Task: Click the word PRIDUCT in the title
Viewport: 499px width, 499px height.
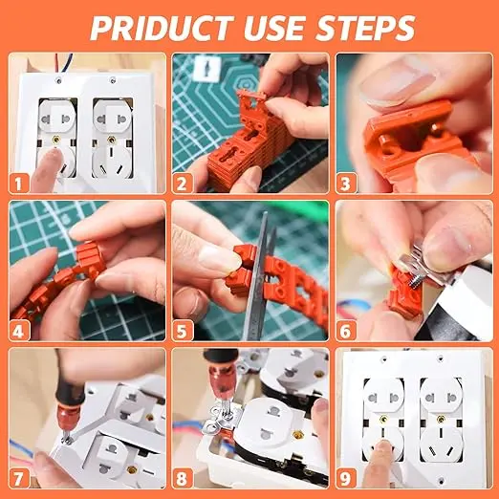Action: click(162, 28)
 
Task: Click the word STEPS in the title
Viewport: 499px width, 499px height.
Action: click(366, 28)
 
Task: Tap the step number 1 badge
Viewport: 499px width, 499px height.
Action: click(18, 184)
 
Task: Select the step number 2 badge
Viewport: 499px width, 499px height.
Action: click(182, 184)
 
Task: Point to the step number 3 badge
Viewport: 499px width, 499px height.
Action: click(346, 184)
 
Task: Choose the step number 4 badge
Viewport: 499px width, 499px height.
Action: click(18, 331)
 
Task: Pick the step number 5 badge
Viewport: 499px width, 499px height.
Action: click(182, 331)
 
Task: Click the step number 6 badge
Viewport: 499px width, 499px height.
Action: click(346, 331)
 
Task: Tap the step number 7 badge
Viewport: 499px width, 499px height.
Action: click(18, 479)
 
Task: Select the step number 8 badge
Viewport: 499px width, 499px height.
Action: click(182, 479)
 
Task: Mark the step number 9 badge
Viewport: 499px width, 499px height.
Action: click(346, 479)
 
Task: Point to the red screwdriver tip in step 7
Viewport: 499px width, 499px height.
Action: click(66, 430)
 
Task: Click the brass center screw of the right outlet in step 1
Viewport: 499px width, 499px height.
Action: click(111, 140)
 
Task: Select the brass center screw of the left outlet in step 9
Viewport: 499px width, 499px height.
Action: click(384, 419)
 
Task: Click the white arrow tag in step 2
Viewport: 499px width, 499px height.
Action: click(207, 68)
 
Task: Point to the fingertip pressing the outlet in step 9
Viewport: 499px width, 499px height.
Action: click(383, 447)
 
